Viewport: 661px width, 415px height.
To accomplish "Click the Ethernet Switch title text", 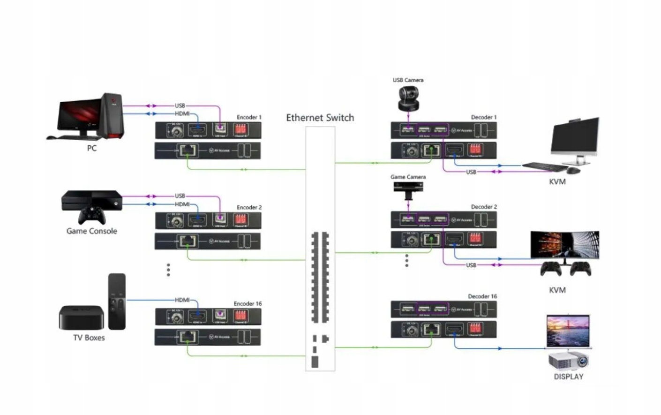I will coord(320,118).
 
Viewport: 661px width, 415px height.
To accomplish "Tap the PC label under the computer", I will coord(92,148).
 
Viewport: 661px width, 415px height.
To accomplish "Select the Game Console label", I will coord(92,231).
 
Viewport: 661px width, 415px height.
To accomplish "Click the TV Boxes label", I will coord(89,338).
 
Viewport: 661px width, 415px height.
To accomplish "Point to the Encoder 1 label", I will coord(249,117).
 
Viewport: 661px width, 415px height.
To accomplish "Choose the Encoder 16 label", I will coord(248,304).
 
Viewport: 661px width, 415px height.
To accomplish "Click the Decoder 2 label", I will coord(484,207).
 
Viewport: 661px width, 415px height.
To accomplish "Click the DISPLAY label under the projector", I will coord(569,377).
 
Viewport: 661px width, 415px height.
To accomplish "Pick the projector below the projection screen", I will coord(569,361).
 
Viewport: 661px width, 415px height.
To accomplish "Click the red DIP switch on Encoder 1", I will coord(240,129).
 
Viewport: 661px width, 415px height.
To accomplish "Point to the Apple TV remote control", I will coord(117,302).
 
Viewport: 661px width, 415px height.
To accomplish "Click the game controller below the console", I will coord(92,215).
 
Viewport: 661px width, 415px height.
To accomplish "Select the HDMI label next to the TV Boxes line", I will coord(182,300).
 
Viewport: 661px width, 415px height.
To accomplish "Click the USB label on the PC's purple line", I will coord(180,106).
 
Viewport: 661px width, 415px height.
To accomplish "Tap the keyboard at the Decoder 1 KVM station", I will coord(544,166).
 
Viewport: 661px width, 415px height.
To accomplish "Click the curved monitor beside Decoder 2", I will coord(564,245).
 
